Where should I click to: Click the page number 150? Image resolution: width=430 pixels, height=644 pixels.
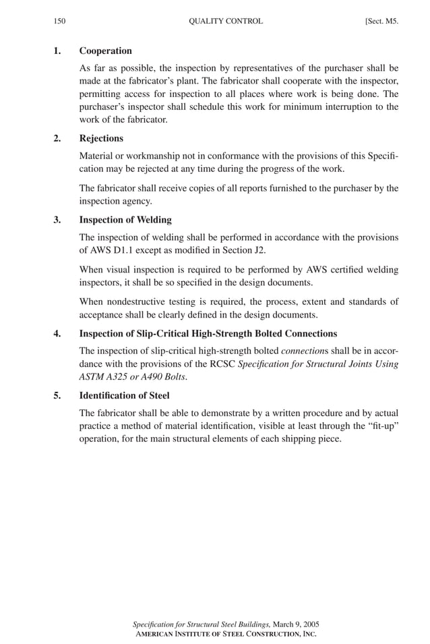tap(59, 21)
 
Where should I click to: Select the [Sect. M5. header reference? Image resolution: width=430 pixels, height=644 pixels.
tap(381, 21)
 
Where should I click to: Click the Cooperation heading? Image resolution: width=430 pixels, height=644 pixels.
tap(105, 51)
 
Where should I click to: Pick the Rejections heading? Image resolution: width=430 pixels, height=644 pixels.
tap(101, 138)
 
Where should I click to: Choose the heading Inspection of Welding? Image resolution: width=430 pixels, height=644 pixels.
tap(125, 219)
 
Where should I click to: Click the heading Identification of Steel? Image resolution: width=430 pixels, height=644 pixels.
tap(124, 395)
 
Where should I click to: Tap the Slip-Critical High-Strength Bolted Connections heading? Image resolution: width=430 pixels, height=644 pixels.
tap(208, 333)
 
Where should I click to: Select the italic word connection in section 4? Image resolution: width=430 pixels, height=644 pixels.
tap(301, 351)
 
